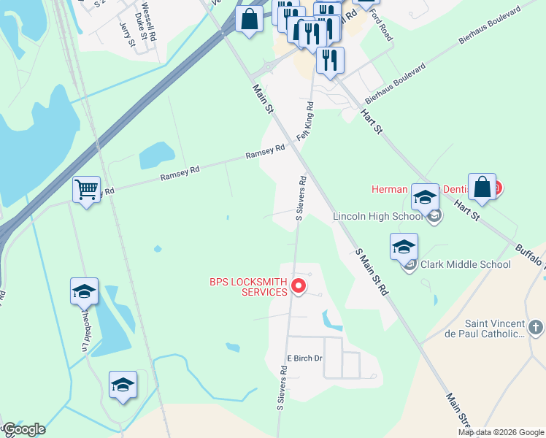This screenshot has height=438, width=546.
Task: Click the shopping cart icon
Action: coord(86,190)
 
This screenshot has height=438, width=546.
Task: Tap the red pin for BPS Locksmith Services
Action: coord(298,285)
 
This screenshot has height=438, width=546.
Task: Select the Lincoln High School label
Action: coord(377,217)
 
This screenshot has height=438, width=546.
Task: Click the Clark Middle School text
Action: coord(465,264)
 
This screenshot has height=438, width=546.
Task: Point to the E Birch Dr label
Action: coord(304,359)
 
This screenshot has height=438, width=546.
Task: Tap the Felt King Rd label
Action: coord(305,121)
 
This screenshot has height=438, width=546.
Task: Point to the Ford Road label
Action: coord(380,25)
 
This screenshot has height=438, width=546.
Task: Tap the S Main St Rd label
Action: coord(372,272)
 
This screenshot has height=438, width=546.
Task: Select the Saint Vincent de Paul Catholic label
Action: coord(485,328)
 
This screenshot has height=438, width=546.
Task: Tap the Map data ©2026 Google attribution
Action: coord(501,432)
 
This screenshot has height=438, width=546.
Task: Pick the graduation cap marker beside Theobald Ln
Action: coord(84,291)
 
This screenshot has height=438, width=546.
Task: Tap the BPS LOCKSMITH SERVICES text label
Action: coord(249,286)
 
